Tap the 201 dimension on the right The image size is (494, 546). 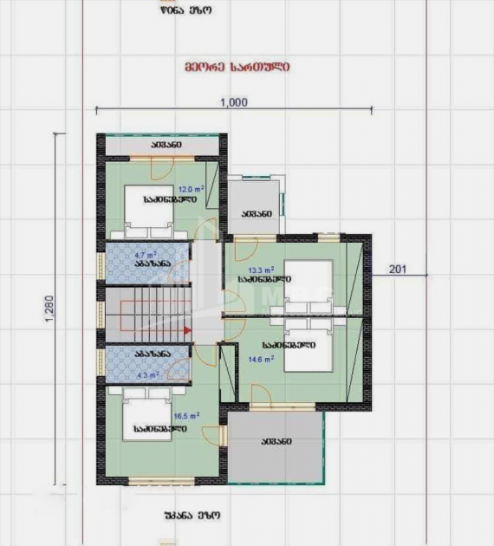click(398, 269)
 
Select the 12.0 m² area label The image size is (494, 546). click(191, 188)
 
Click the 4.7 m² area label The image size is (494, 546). click(145, 256)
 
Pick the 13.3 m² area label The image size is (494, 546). click(262, 270)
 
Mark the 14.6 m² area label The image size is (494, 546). click(261, 357)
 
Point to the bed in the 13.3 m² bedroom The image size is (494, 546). click(308, 287)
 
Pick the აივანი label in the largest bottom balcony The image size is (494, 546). click(276, 442)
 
